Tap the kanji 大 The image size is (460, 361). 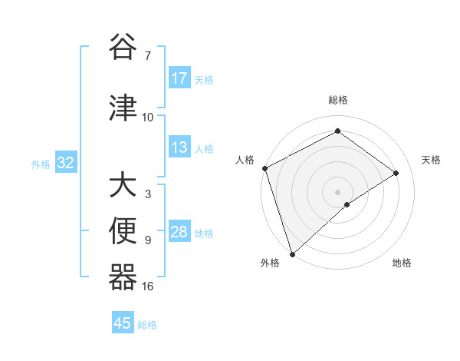(x=123, y=186)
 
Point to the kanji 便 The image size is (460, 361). (x=123, y=231)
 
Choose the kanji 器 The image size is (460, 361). (x=123, y=277)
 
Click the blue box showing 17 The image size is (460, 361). (x=179, y=78)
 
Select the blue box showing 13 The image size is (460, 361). (x=179, y=147)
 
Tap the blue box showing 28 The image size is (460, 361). (x=179, y=232)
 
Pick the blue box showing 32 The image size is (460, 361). (x=65, y=163)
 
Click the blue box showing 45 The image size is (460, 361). (x=123, y=323)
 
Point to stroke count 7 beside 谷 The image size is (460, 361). (x=148, y=56)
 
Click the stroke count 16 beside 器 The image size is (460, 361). (x=148, y=286)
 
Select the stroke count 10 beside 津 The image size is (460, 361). (x=148, y=118)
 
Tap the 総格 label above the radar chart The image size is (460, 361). (x=337, y=101)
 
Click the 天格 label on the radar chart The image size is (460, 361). (x=432, y=160)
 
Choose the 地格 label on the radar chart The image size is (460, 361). (x=402, y=263)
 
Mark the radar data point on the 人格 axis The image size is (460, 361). (x=264, y=168)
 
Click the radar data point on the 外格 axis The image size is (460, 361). (x=292, y=253)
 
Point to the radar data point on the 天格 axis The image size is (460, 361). (x=396, y=173)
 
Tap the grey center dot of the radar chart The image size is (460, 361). (x=337, y=192)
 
